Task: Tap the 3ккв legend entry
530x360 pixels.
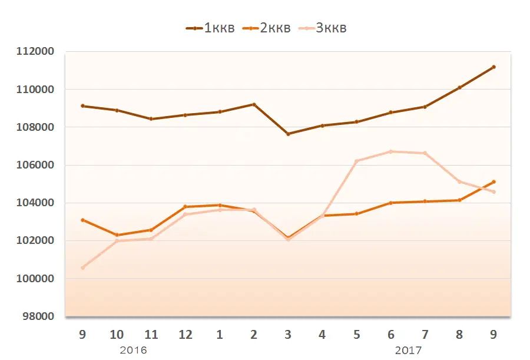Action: click(322, 28)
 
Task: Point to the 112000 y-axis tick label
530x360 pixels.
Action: click(37, 52)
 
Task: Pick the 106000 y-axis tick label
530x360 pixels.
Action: click(37, 165)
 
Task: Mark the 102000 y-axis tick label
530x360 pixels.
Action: click(37, 241)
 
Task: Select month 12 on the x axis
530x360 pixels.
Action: click(185, 335)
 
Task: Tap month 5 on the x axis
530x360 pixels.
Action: click(356, 335)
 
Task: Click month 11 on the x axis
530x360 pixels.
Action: click(151, 335)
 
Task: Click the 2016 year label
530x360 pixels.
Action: click(133, 350)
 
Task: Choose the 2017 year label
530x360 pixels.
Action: click(408, 350)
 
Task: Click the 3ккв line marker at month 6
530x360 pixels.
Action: click(391, 151)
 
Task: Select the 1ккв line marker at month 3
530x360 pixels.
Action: click(288, 134)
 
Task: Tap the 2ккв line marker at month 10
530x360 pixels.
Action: click(117, 235)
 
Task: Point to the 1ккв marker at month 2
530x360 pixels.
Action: click(254, 104)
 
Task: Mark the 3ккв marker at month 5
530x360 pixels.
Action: click(356, 161)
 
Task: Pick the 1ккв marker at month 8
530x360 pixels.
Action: click(459, 88)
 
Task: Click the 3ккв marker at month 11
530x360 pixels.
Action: click(151, 239)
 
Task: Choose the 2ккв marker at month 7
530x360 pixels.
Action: click(425, 202)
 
